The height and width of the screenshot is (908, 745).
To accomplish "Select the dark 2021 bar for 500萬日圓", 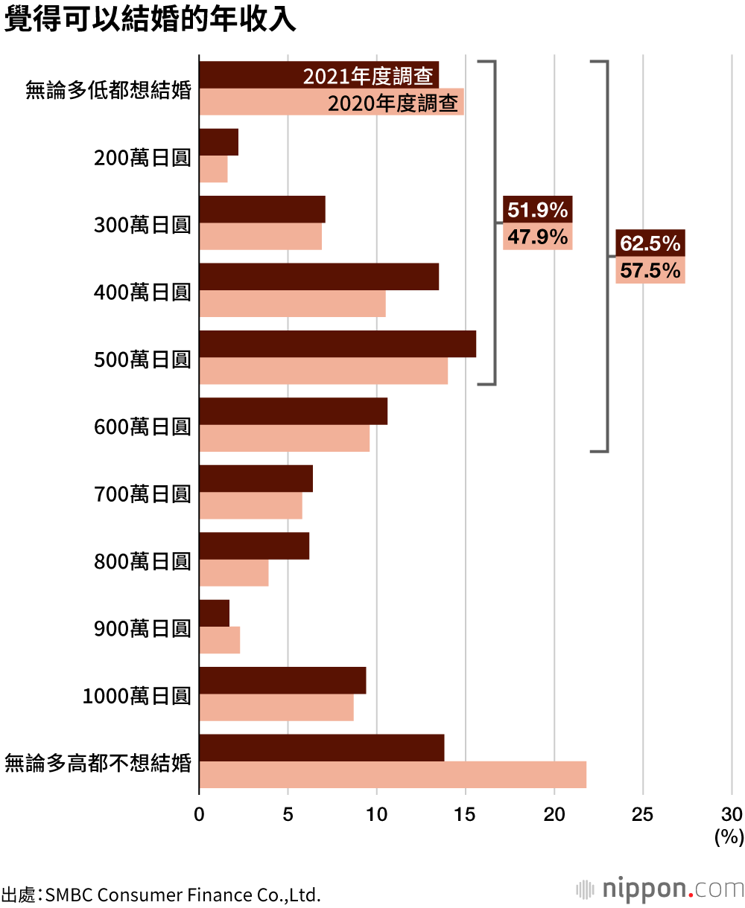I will coord(337,344).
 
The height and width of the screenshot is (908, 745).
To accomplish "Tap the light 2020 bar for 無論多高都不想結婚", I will coord(393,775).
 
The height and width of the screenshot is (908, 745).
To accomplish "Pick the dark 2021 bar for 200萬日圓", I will coord(219,142).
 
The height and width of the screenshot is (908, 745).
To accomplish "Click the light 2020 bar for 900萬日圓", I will coord(220,640).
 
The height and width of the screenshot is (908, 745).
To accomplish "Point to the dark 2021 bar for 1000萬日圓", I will coord(282,680).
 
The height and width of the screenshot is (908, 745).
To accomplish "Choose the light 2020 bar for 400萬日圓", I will coord(292,304).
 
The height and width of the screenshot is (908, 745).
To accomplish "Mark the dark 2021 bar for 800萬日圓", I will coord(254,546).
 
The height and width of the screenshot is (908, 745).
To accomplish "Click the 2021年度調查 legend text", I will coord(368,76).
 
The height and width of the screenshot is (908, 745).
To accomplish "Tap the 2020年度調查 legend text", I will coord(393,103).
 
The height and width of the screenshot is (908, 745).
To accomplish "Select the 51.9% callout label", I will coord(537,210).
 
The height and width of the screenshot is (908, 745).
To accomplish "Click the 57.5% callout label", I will coord(650,270).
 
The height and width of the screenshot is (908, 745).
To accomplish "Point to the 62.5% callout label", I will coord(650,243).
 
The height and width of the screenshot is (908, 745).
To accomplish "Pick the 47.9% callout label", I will coord(537,237).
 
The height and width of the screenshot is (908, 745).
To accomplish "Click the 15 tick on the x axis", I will coord(466,814).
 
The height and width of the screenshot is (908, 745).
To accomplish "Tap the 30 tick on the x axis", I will coord(732,814).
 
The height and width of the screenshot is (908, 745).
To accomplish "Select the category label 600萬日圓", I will coord(142,427).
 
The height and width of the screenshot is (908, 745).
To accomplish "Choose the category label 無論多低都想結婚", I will coord(108,91).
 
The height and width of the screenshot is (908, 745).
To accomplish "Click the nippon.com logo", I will coord(660,889).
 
